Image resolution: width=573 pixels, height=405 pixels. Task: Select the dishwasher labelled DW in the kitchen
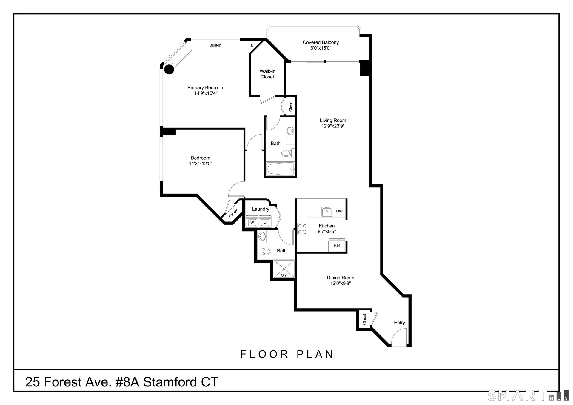[339, 211]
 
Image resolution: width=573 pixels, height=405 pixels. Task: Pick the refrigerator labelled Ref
[337, 245]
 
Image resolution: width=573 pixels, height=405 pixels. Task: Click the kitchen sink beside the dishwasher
[327, 211]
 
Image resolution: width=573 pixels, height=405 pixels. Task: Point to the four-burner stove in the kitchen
[302, 229]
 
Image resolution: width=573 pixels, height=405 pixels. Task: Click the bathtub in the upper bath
[280, 169]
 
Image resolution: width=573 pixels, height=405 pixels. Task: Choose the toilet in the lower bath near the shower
[264, 251]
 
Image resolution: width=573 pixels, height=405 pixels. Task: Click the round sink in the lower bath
[262, 237]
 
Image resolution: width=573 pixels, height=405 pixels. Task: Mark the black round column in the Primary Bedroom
[169, 70]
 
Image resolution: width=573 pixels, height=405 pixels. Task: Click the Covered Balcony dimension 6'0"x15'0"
[321, 48]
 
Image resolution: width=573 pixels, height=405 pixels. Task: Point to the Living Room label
[333, 120]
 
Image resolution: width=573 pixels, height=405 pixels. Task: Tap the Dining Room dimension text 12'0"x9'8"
[341, 283]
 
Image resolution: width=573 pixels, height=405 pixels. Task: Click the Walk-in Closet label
[267, 74]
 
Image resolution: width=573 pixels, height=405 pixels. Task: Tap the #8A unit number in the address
[127, 382]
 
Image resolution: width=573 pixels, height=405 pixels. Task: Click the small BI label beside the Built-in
[252, 45]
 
